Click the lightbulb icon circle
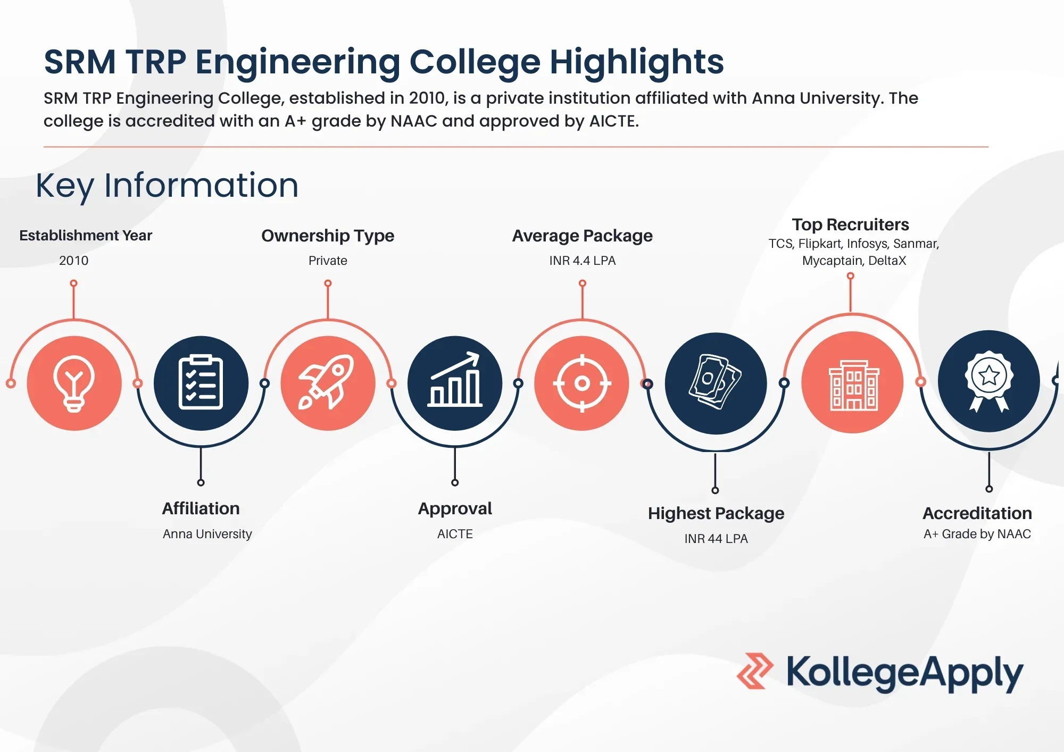[74, 383]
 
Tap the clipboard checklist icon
[201, 383]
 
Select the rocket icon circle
[328, 383]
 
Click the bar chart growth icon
[455, 383]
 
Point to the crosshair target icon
[582, 383]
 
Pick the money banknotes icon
[716, 383]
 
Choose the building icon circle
[852, 382]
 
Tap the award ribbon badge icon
[988, 381]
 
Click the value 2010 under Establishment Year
[73, 261]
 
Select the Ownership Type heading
[328, 236]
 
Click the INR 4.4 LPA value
[582, 261]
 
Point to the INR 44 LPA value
[716, 539]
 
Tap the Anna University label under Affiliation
[207, 534]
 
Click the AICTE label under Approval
[455, 534]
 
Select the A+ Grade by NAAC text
[977, 534]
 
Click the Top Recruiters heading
[850, 224]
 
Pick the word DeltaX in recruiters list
[887, 261]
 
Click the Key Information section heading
[167, 186]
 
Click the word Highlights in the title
[636, 62]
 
